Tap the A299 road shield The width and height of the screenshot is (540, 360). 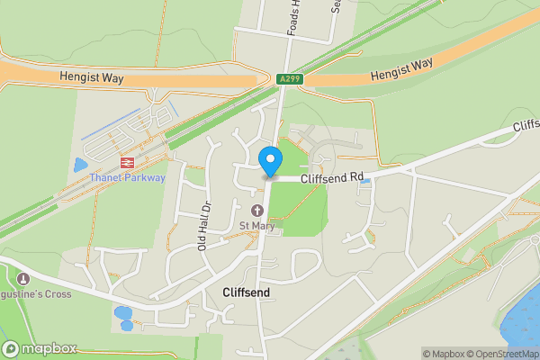click(x=290, y=79)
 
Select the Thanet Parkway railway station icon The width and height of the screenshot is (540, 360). click(x=126, y=163)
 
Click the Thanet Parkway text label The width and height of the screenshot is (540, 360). click(x=127, y=177)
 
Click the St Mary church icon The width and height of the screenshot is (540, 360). click(x=256, y=210)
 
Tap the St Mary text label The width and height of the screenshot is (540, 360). click(x=256, y=224)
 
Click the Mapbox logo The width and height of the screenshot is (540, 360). click(x=40, y=349)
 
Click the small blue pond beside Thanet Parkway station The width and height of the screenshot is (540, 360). click(x=81, y=166)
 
